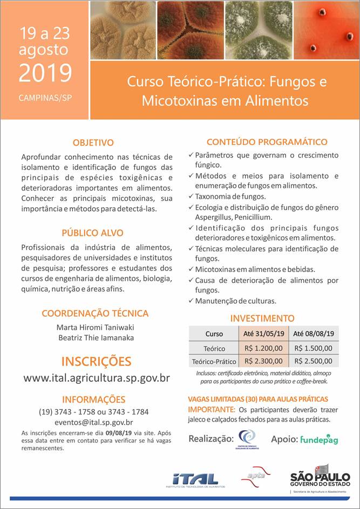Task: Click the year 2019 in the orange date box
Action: pyautogui.click(x=45, y=73)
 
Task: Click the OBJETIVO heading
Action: pyautogui.click(x=93, y=142)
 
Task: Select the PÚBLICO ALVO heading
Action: pyautogui.click(x=92, y=233)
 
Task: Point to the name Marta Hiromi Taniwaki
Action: pyautogui.click(x=95, y=327)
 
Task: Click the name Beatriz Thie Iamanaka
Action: pyautogui.click(x=95, y=338)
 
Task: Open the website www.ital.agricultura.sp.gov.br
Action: pyautogui.click(x=96, y=378)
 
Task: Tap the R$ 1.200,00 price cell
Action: pyautogui.click(x=263, y=348)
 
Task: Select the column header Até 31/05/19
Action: pyautogui.click(x=263, y=334)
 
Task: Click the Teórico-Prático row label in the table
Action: pyautogui.click(x=214, y=362)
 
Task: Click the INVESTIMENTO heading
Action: pyautogui.click(x=262, y=318)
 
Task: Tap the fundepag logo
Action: pyautogui.click(x=319, y=439)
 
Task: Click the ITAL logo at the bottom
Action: pyautogui.click(x=195, y=479)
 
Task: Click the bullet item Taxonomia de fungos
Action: pyautogui.click(x=230, y=196)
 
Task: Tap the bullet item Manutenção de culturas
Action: pyautogui.click(x=235, y=301)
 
